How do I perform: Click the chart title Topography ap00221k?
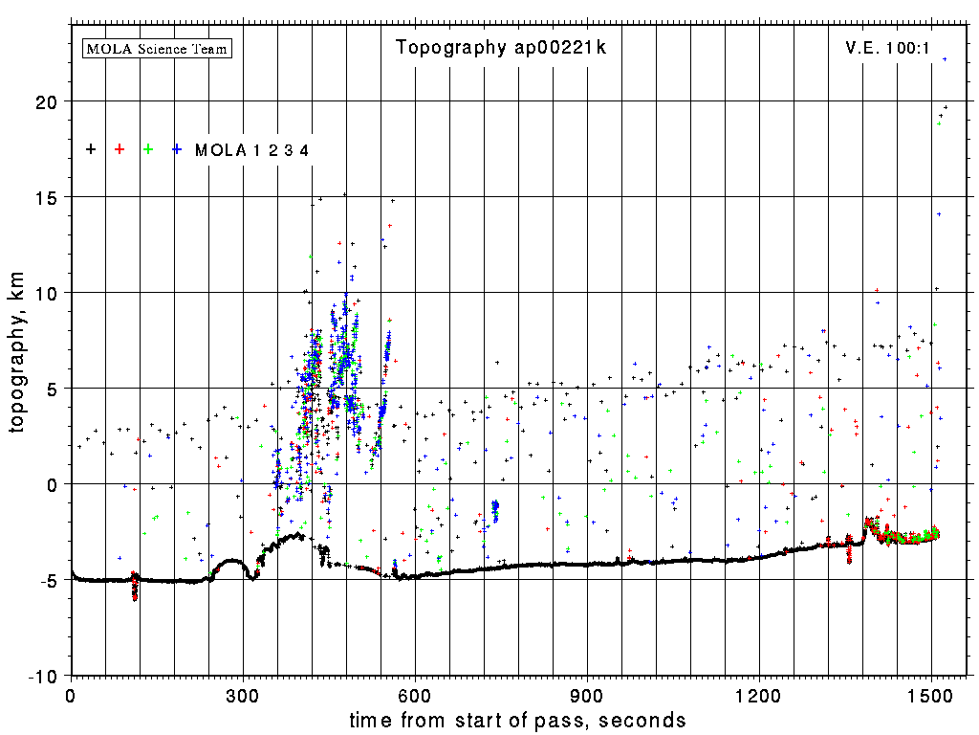tap(501, 48)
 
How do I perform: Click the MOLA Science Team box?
tap(158, 48)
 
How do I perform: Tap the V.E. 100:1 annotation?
tap(887, 48)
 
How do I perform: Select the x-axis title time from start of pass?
tap(517, 720)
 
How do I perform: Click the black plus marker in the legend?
tap(91, 149)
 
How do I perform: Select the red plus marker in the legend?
tap(120, 149)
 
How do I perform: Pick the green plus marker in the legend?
tap(148, 149)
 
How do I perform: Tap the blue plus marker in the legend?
tap(177, 149)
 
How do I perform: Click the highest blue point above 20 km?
tap(945, 59)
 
